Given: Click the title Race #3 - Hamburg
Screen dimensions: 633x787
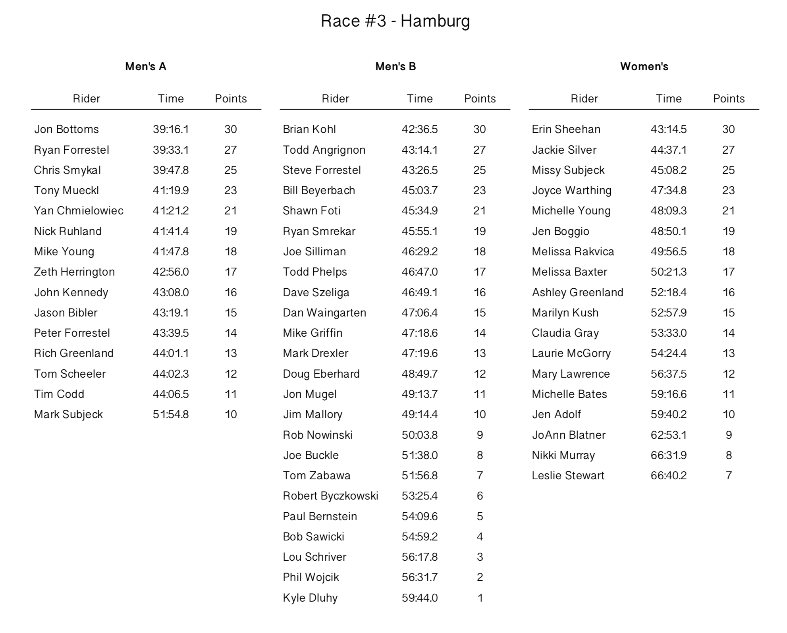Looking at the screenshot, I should (395, 21).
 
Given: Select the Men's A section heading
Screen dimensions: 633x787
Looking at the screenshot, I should (146, 66).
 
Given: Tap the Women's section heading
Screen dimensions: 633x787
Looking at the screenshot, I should (644, 66).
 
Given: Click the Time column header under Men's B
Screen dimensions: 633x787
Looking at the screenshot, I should (420, 98).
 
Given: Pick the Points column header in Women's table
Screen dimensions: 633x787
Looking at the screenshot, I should (729, 98).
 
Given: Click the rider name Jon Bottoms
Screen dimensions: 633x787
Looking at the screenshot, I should (66, 129).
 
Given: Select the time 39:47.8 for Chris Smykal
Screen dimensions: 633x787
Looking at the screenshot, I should (171, 170).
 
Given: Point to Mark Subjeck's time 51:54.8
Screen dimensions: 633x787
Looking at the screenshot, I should (171, 414).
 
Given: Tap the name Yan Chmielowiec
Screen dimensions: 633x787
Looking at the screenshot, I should (79, 210).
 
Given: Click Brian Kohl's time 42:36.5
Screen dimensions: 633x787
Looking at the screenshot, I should (420, 129).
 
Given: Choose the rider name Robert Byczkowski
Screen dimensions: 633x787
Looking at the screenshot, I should (330, 496).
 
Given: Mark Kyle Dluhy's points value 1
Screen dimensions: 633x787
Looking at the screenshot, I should (480, 598).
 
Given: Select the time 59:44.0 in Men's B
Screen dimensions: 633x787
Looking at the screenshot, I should (420, 598).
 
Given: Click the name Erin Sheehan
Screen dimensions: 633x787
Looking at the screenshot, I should (566, 129).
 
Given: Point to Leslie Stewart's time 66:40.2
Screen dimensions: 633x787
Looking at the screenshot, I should (669, 475).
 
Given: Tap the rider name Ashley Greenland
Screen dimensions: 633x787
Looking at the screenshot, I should (577, 292).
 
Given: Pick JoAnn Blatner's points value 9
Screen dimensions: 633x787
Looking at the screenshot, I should (729, 435).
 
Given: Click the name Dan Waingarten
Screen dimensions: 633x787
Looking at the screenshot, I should (324, 313).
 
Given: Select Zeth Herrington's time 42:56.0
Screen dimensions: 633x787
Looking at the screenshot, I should (171, 272).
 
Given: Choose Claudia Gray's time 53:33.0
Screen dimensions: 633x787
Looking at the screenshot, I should (669, 333).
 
